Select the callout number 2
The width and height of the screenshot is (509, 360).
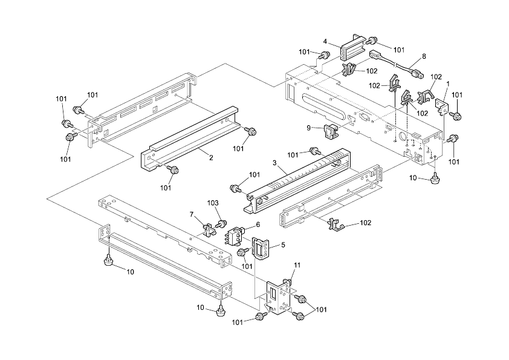pyautogui.click(x=211, y=158)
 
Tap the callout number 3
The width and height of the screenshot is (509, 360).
pyautogui.click(x=274, y=163)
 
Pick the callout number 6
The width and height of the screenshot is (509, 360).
pyautogui.click(x=258, y=224)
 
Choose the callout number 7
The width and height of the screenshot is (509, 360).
pyautogui.click(x=192, y=215)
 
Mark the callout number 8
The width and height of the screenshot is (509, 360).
pyautogui.click(x=424, y=56)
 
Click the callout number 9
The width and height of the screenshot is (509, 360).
pyautogui.click(x=308, y=128)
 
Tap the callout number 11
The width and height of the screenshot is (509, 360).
pyautogui.click(x=297, y=266)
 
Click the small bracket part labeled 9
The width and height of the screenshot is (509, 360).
pyautogui.click(x=329, y=131)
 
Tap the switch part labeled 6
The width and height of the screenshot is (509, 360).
pyautogui.click(x=235, y=235)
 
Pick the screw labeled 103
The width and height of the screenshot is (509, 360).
pyautogui.click(x=222, y=224)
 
